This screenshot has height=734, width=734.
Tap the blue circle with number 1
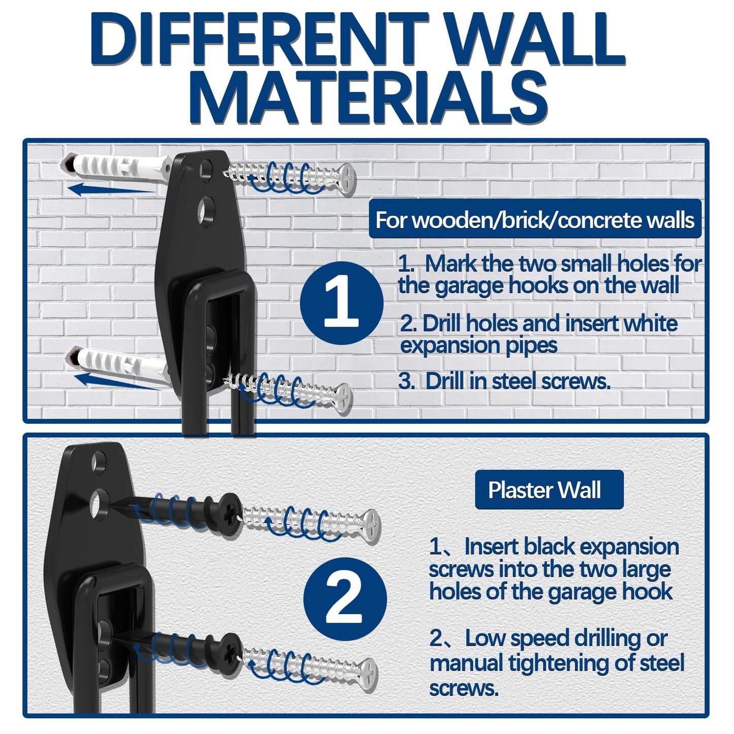[341, 303]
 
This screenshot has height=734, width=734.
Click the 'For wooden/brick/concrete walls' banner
[534, 220]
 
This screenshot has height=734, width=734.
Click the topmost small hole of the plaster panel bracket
[98, 461]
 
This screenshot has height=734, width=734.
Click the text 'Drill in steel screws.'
[517, 381]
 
